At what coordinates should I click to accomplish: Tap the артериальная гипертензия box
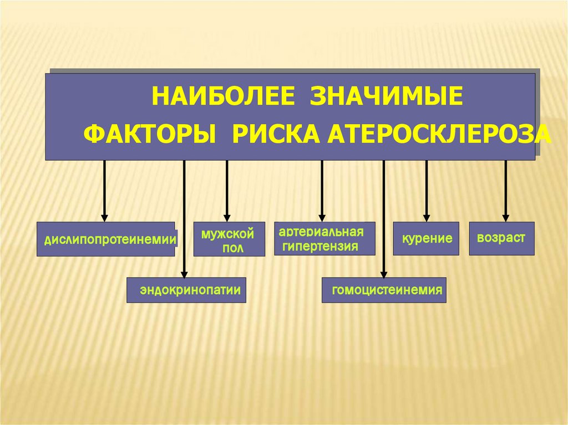coord(324,238)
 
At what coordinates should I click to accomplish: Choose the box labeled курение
coord(426,239)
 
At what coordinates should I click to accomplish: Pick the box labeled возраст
coord(501,239)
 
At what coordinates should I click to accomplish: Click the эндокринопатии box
coord(186,290)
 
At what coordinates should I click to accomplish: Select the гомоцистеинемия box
coord(384,290)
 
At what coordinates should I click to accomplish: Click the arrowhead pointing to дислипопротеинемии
coord(104,218)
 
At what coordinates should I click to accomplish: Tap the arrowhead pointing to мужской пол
coord(227,218)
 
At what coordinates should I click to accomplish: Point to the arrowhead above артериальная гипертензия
coord(322,217)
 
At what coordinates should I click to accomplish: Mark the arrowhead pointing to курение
coord(426,218)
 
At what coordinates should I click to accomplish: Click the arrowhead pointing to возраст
coord(505,218)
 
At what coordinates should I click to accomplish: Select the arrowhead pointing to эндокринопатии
coord(184,273)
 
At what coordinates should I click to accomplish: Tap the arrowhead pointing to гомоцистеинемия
coord(383,273)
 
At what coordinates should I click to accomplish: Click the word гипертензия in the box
coord(320,246)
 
